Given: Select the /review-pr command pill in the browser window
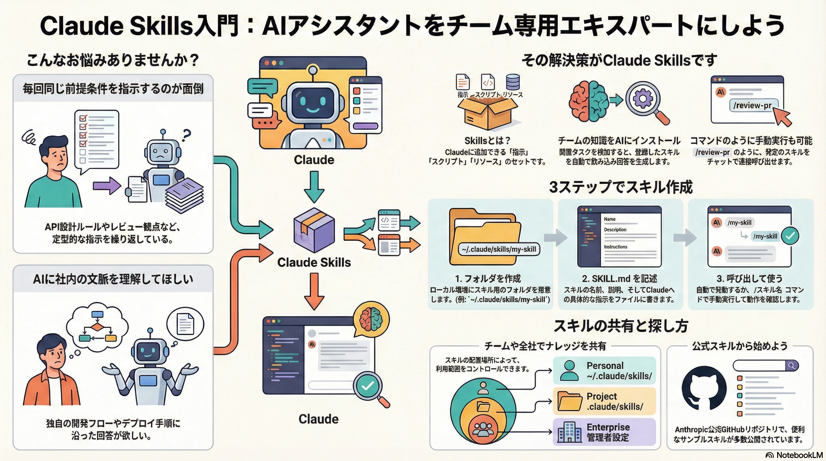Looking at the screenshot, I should tap(752, 105).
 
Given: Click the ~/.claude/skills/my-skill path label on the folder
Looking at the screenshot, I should tap(499, 249).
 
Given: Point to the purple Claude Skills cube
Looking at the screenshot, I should tap(314, 230).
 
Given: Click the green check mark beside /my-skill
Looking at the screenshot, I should tap(790, 236).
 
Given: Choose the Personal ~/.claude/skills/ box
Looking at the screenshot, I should tap(604, 371).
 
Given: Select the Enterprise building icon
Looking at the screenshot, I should tap(569, 432).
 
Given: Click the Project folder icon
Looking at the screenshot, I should tap(569, 401).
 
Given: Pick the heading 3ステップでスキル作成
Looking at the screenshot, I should tap(621, 187).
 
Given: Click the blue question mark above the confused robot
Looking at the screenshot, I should tap(186, 135).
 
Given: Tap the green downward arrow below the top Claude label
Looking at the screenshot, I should tap(314, 187).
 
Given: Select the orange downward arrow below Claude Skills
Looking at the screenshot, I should tap(314, 291).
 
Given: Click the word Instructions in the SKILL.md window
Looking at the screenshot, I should tap(615, 247).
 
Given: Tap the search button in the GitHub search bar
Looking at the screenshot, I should tap(791, 365).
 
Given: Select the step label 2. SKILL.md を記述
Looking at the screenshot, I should tap(619, 278).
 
